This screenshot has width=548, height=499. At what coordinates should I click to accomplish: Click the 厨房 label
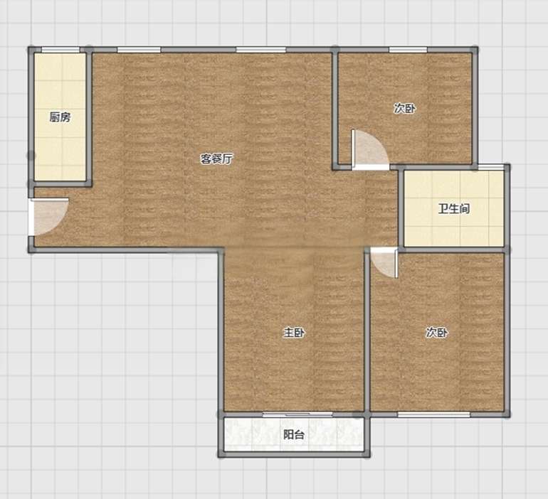60,117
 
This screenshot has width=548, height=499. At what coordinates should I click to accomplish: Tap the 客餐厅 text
216,159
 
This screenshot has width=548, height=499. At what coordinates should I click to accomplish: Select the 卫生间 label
454,209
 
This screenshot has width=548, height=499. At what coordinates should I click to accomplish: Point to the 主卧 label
293,333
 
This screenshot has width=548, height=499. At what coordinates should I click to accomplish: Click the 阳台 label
293,434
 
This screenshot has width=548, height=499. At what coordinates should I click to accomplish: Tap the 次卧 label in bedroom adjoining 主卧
436,333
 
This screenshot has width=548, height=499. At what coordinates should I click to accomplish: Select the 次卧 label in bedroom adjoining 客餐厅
405,108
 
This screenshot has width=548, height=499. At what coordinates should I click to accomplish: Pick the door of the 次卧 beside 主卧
384,262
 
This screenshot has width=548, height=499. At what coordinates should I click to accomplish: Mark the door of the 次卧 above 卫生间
371,150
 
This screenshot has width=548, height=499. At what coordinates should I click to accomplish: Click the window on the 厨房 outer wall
60,50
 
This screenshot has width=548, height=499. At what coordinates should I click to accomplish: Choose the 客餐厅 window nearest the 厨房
139,50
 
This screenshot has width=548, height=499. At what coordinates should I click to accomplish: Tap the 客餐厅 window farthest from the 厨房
260,50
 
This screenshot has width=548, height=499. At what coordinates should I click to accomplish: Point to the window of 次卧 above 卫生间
408,50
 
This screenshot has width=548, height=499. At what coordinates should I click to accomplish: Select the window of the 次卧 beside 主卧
433,414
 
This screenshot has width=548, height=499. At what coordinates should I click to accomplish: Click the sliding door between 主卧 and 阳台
297,414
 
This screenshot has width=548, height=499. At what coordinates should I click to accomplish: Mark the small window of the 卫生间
491,167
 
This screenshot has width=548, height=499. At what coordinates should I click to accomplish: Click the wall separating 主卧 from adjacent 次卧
367,332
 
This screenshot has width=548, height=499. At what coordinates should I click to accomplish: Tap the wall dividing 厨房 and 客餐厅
89,117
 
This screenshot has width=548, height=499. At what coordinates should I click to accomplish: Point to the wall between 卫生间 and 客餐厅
401,208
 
